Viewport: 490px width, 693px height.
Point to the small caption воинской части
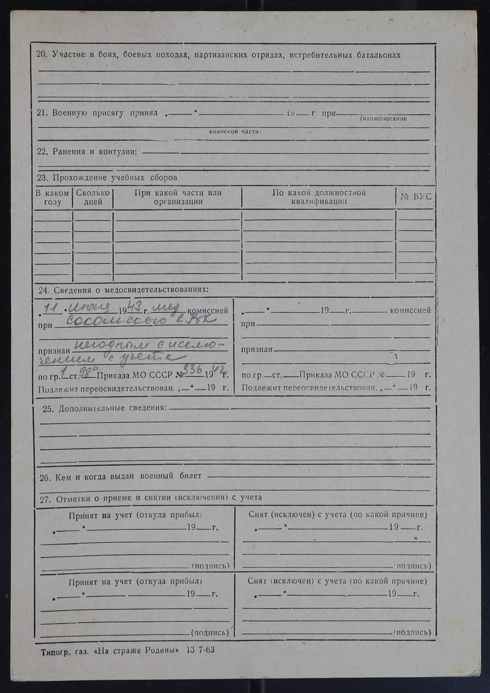(235, 132)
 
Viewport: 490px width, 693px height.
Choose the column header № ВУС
(416, 197)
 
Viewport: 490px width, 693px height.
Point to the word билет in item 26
(190, 476)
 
